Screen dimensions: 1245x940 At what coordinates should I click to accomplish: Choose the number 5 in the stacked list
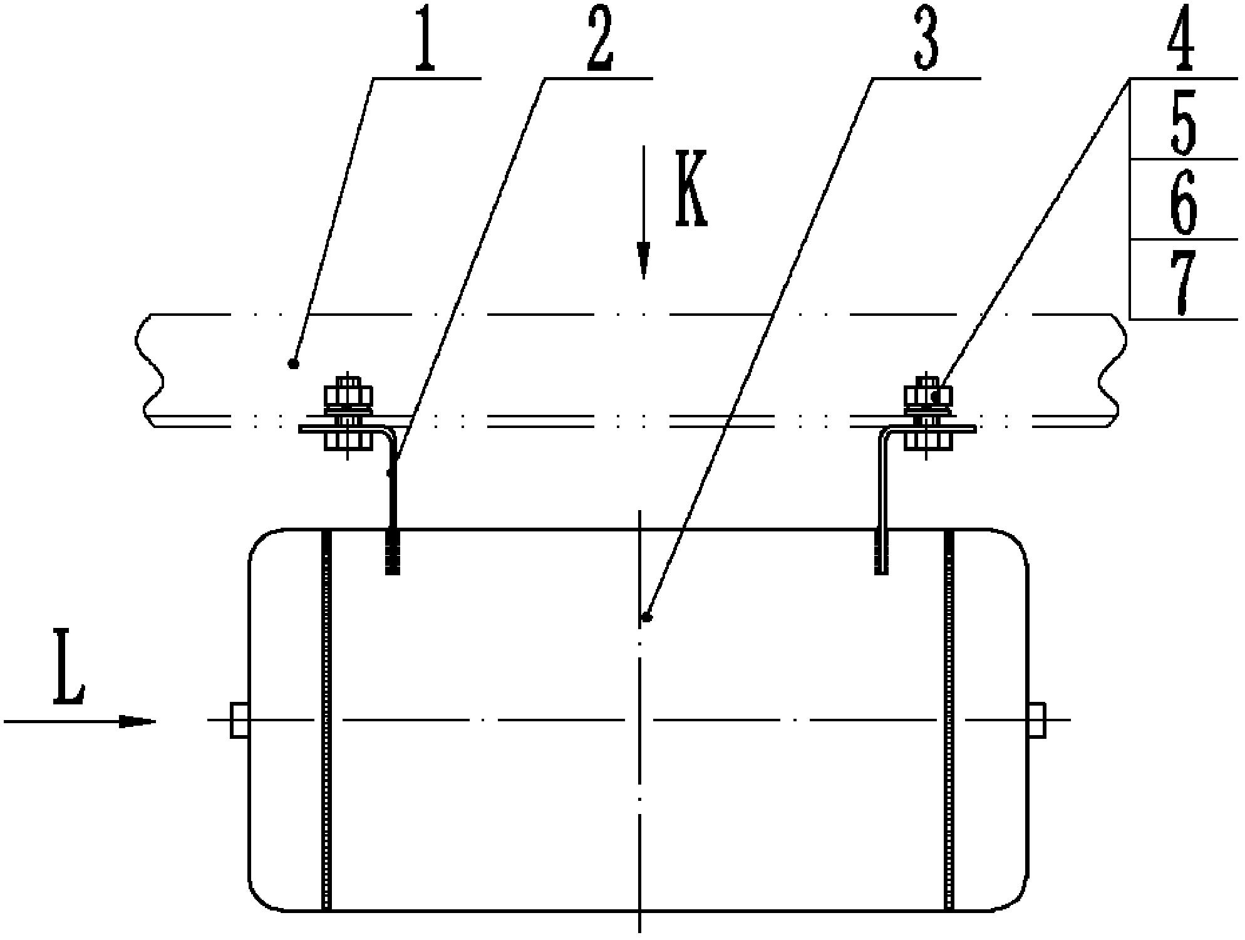point(1182,122)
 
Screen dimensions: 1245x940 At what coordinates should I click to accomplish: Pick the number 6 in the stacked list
point(1182,202)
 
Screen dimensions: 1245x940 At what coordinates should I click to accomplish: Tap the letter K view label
point(691,188)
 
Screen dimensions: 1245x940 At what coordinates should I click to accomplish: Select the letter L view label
point(69,667)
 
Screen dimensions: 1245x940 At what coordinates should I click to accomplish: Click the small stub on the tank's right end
point(1036,720)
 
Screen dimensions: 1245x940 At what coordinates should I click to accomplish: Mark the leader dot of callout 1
point(292,363)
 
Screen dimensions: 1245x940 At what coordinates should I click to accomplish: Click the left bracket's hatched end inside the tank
point(392,551)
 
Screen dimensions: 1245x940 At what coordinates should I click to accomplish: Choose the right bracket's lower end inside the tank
point(881,551)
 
